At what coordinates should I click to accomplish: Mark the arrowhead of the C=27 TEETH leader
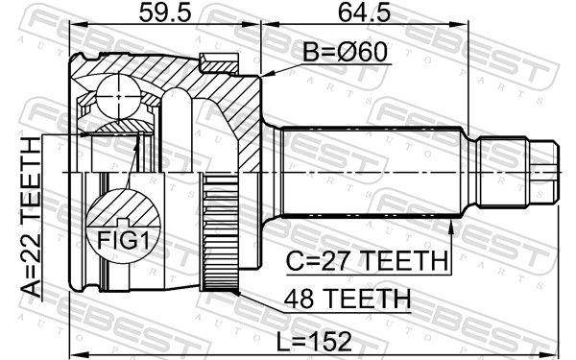click(x=450, y=224)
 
